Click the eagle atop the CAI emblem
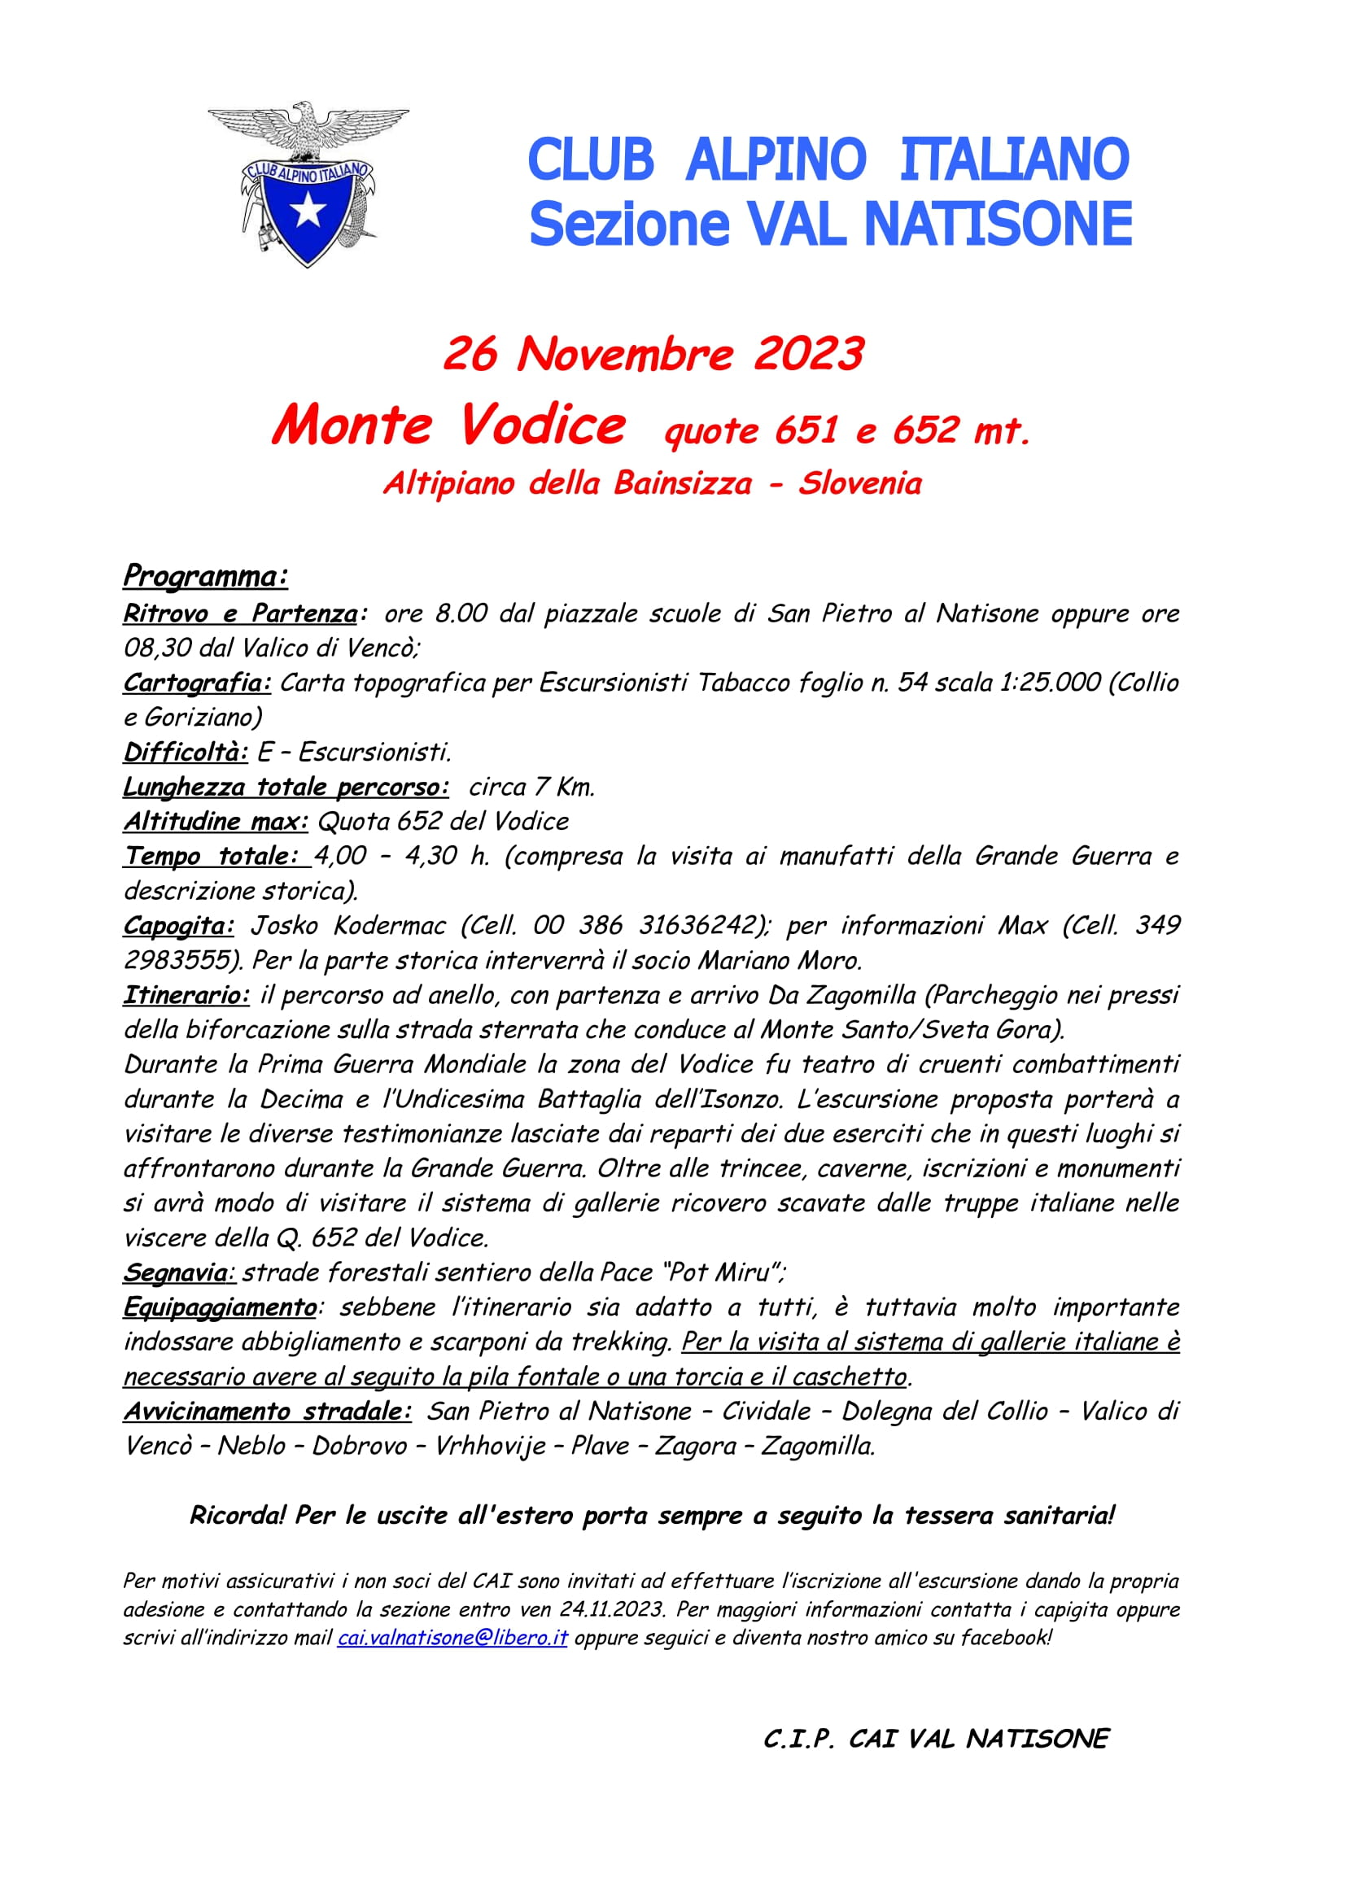coord(307,129)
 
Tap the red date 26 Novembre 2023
coord(654,355)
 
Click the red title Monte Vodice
coord(448,426)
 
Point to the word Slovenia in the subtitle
coord(859,483)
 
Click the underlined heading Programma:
coord(206,576)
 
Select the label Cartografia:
coord(197,683)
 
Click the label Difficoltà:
coord(186,753)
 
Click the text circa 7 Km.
coord(531,788)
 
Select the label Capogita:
coord(179,926)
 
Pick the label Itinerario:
coord(186,995)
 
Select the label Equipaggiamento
coord(220,1307)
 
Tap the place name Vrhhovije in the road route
coord(490,1446)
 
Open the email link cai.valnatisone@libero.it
coord(452,1638)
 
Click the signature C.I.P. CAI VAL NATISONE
coord(936,1738)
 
